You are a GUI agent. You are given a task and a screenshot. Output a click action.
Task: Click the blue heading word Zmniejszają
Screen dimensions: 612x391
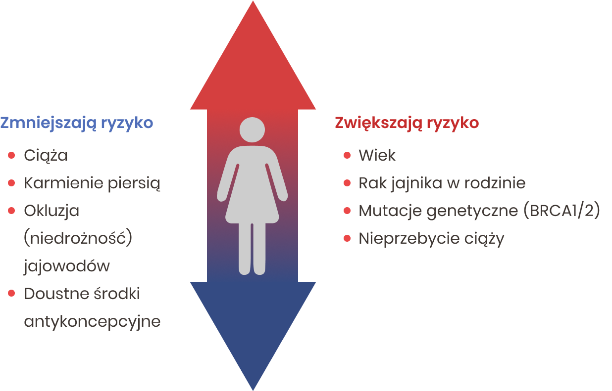pos(49,123)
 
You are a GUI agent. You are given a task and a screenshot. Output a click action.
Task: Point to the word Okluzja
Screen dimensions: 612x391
pos(51,211)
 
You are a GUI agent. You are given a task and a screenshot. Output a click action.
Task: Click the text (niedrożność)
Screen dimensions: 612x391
pos(78,237)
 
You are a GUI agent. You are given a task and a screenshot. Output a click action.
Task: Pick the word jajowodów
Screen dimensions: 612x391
pos(67,266)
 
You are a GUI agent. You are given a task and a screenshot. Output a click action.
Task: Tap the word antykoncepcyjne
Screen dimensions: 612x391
pos(93,322)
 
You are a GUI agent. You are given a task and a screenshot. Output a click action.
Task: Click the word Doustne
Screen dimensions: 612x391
pos(56,294)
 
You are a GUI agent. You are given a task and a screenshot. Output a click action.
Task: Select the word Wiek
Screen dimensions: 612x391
pos(377,155)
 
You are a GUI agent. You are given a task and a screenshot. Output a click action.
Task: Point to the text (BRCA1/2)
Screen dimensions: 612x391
pos(562,210)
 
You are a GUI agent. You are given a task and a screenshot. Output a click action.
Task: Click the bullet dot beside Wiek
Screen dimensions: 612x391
pos(347,155)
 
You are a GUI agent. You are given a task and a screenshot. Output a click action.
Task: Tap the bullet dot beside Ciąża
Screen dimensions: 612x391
pos(11,155)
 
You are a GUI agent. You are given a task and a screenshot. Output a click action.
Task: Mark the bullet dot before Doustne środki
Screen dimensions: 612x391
pos(11,294)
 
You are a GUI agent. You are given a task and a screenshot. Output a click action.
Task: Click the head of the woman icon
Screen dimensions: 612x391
pos(252,130)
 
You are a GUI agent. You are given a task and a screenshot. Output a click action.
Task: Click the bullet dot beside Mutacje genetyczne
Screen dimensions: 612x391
pos(347,211)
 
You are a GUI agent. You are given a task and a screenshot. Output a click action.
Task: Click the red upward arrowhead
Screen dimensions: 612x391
pos(253,55)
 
